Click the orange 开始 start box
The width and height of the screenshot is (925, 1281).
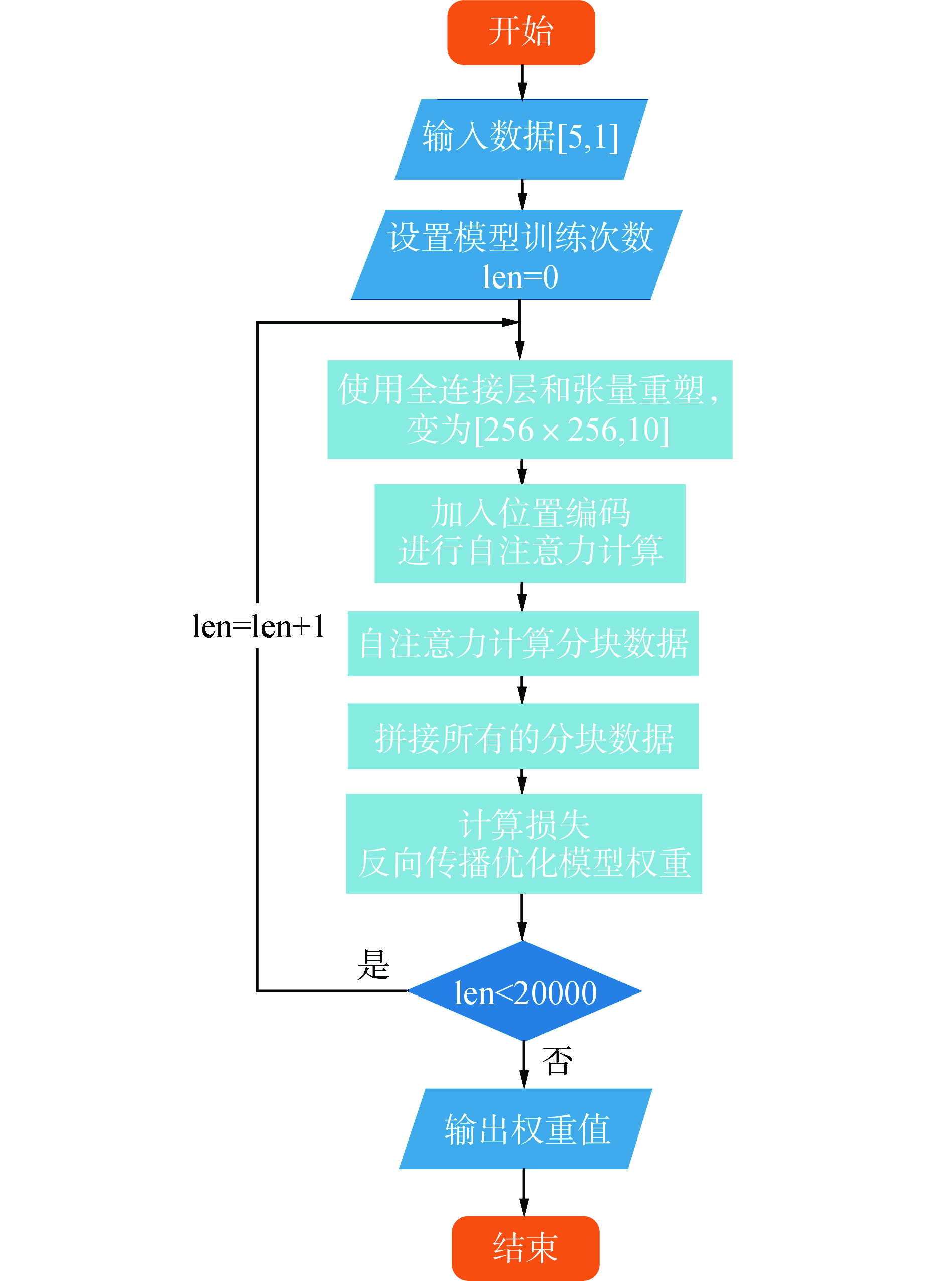520,32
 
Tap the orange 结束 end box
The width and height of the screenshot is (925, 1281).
525,1248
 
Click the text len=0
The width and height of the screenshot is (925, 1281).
520,277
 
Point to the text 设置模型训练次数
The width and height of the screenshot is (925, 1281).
520,237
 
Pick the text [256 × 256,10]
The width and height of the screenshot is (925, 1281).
571,430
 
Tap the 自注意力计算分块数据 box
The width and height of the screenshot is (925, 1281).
522,643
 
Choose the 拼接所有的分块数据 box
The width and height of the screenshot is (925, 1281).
522,736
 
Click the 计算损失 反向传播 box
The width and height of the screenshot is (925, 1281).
523,843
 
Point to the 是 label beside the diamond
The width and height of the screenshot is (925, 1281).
373,964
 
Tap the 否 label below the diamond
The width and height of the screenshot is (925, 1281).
557,1060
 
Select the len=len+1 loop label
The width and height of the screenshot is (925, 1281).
258,626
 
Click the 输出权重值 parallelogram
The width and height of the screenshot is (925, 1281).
525,1129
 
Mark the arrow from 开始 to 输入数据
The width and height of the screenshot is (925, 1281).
522,82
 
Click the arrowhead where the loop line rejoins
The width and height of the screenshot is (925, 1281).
510,323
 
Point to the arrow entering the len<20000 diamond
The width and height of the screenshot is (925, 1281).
522,917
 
